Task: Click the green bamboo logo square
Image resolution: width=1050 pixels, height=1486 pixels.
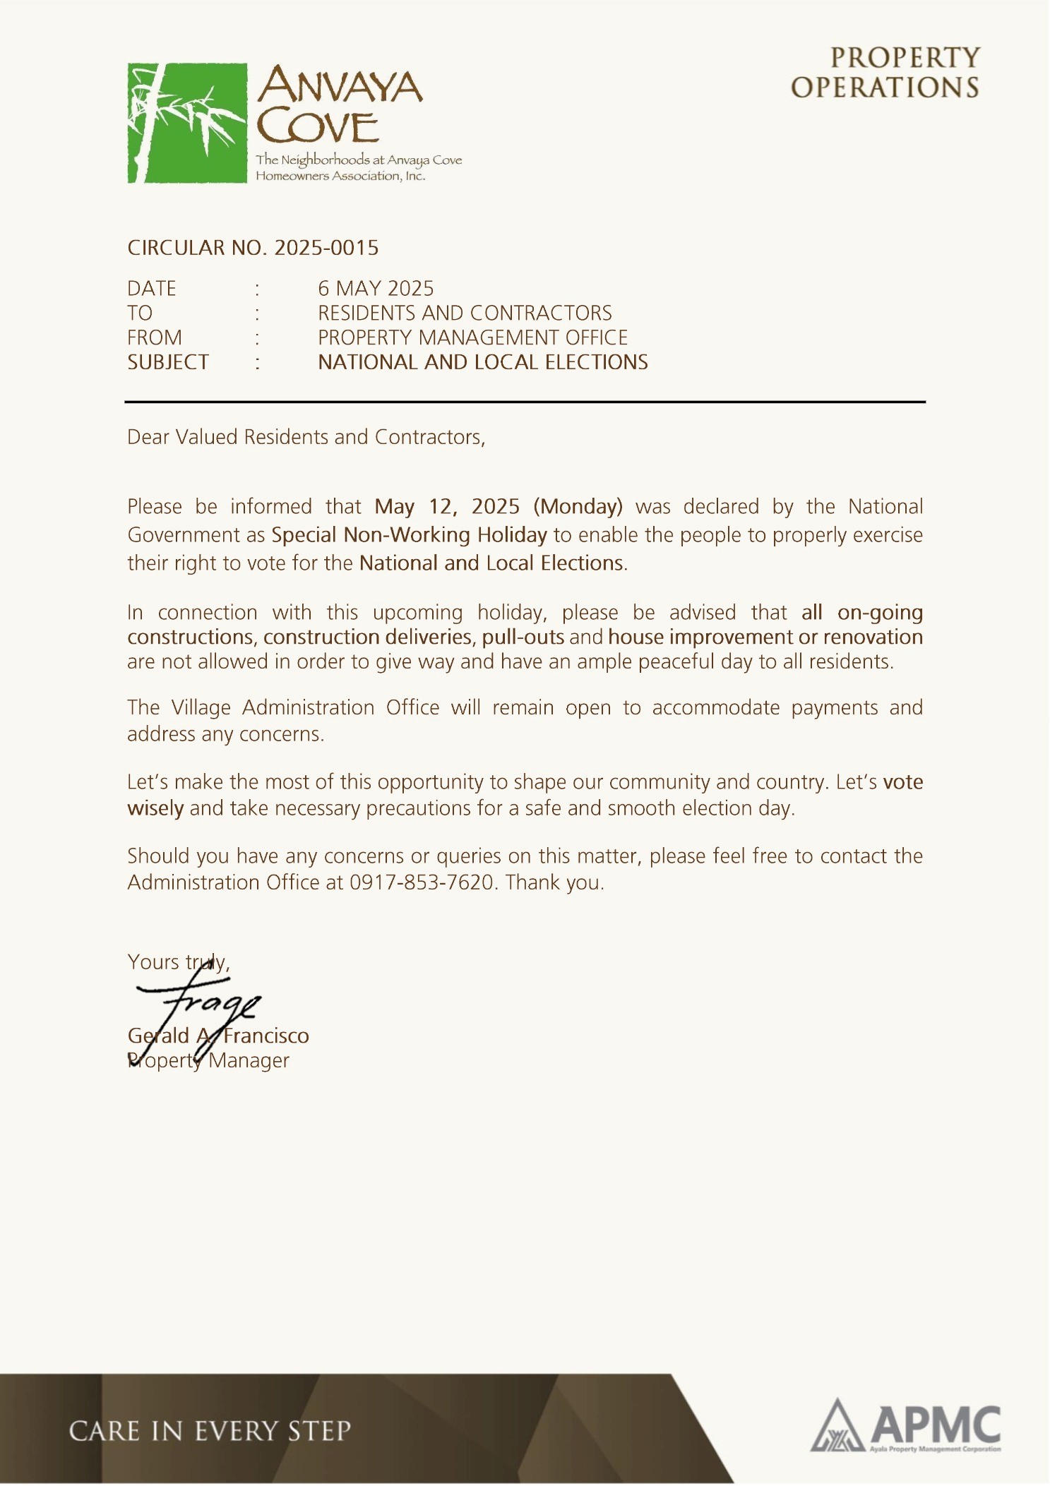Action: [x=187, y=123]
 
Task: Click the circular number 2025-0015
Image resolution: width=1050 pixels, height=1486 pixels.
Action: [x=326, y=248]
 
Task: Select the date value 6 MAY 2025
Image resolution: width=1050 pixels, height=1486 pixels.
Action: [x=376, y=289]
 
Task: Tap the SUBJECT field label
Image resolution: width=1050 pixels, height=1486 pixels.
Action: [x=168, y=363]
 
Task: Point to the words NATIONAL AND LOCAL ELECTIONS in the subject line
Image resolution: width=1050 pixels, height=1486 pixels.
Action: [x=483, y=363]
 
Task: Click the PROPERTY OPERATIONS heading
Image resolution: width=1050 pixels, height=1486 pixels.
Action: [x=885, y=73]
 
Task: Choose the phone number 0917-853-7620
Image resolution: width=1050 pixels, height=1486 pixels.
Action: [x=421, y=882]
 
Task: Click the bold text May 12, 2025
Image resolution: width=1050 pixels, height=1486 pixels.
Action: [x=447, y=507]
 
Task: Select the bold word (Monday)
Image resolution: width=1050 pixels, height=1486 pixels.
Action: [x=578, y=507]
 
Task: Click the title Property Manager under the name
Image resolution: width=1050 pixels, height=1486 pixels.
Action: [x=208, y=1061]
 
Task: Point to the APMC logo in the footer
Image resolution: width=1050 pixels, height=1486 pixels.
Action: [x=906, y=1427]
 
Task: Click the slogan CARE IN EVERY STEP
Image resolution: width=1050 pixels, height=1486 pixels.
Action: [x=210, y=1431]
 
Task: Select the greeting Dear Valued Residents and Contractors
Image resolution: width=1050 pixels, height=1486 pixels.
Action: [x=306, y=438]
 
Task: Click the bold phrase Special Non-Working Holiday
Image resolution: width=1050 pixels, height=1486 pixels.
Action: [x=409, y=535]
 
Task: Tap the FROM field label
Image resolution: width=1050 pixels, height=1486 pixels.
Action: [x=155, y=338]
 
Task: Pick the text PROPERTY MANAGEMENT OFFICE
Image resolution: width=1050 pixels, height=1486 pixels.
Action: [x=472, y=338]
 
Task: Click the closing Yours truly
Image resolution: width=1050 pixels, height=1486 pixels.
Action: [x=178, y=962]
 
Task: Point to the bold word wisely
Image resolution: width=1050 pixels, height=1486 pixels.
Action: [x=155, y=808]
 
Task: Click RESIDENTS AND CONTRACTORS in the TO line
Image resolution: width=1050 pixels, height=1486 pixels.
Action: [x=465, y=313]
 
